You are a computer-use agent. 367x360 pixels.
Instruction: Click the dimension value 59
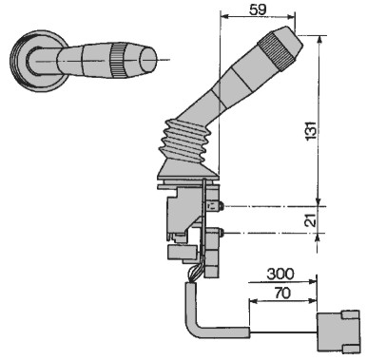[258, 9]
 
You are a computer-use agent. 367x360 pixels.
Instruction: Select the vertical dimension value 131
[311, 130]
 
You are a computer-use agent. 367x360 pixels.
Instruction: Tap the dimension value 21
[311, 219]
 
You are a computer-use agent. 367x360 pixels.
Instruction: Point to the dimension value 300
[280, 274]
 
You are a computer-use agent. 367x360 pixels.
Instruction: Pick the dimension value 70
[282, 293]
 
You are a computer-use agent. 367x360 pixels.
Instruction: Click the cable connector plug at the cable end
[338, 332]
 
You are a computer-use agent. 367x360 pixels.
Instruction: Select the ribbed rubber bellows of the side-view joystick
[184, 142]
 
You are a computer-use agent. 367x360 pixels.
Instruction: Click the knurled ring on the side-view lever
[276, 50]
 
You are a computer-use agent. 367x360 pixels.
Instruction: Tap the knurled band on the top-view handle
[118, 60]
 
